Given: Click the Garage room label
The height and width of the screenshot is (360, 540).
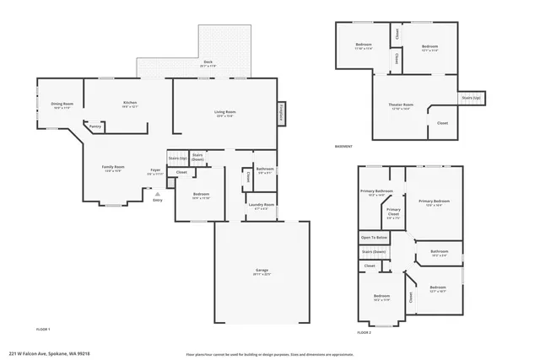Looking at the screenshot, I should point(262,271).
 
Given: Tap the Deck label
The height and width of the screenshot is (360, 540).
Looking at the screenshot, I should point(208,62).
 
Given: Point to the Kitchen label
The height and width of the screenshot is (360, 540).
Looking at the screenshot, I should point(130,104).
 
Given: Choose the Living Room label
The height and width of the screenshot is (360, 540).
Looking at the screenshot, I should point(224,113).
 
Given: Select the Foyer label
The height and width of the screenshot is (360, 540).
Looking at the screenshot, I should point(155,170).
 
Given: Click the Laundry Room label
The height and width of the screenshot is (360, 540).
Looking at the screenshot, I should point(261,205).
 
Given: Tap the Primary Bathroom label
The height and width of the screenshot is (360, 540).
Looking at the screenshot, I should point(376,192).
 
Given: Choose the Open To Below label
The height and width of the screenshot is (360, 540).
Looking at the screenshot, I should point(374,238).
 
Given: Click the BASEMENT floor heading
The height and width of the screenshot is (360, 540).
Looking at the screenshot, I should point(343,147).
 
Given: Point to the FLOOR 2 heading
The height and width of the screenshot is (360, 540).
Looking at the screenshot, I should point(364,333).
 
